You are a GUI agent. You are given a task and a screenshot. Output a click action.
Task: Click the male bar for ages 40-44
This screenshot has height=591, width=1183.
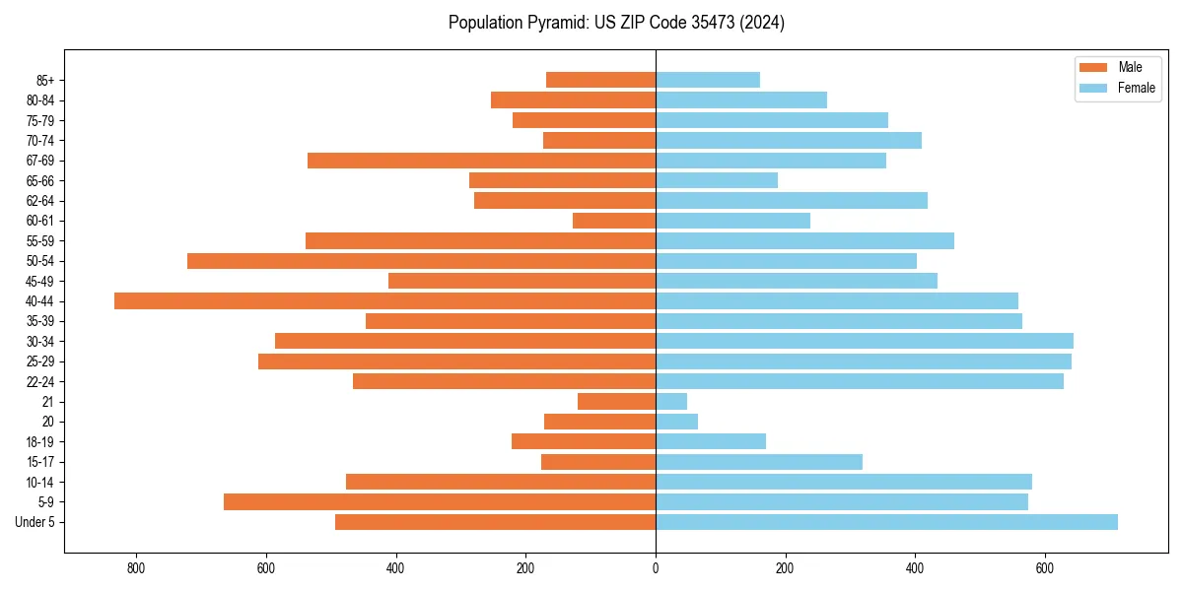pyautogui.click(x=384, y=301)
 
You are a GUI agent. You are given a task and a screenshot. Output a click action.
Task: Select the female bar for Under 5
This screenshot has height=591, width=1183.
pyautogui.click(x=886, y=522)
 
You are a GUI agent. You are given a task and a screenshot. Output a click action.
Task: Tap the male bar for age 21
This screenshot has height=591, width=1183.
pyautogui.click(x=616, y=402)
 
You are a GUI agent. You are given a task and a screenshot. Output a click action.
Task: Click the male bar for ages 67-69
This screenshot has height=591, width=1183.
pyautogui.click(x=481, y=161)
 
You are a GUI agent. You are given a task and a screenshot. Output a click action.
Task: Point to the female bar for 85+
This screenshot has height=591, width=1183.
pyautogui.click(x=708, y=80)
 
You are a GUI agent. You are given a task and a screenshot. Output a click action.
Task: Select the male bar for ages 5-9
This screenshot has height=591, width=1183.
pyautogui.click(x=440, y=502)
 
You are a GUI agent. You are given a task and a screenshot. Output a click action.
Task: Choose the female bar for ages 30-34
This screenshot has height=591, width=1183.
pyautogui.click(x=865, y=342)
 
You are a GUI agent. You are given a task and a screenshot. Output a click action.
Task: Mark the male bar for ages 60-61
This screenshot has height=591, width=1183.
pyautogui.click(x=614, y=221)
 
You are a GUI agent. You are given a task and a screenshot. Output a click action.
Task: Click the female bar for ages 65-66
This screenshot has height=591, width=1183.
pyautogui.click(x=717, y=180)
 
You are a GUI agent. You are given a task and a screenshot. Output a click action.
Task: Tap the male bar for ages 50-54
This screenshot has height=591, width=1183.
pyautogui.click(x=421, y=261)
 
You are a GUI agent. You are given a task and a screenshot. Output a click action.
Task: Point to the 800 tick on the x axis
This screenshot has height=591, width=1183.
pyautogui.click(x=136, y=568)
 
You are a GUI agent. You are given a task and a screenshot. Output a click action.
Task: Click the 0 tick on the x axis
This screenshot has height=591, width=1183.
pyautogui.click(x=656, y=568)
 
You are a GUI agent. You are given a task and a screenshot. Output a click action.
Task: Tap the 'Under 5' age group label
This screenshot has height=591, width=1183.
pyautogui.click(x=35, y=522)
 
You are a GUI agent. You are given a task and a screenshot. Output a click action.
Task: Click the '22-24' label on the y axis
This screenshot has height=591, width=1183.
pyautogui.click(x=40, y=382)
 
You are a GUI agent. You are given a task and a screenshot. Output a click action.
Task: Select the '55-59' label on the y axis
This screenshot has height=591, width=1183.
pyautogui.click(x=40, y=241)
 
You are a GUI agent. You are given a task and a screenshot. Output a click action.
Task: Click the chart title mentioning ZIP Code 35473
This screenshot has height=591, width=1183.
pyautogui.click(x=616, y=23)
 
